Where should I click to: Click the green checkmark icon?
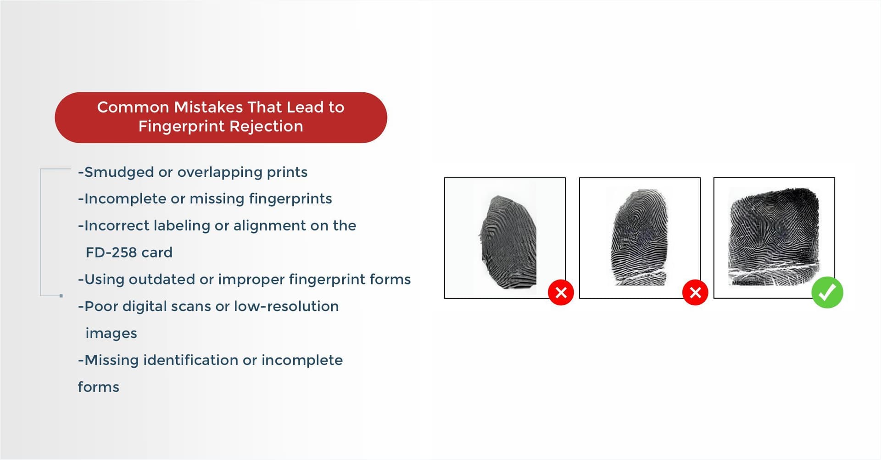point(827,292)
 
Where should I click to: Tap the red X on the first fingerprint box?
point(561,292)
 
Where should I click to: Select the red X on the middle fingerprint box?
point(695,292)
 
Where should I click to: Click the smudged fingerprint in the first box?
point(508,242)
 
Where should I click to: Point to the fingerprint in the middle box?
point(639,237)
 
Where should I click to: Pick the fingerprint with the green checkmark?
point(774,237)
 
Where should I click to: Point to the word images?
point(112,334)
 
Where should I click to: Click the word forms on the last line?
point(98,387)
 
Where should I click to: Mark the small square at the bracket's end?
point(61,296)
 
